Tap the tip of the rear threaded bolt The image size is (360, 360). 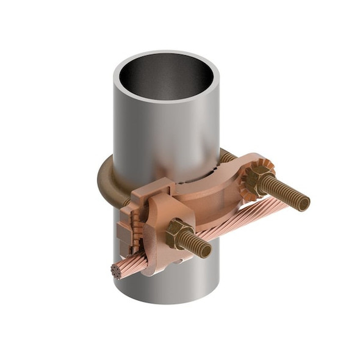(x=304, y=203)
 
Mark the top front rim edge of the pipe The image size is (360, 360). (x=165, y=100)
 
